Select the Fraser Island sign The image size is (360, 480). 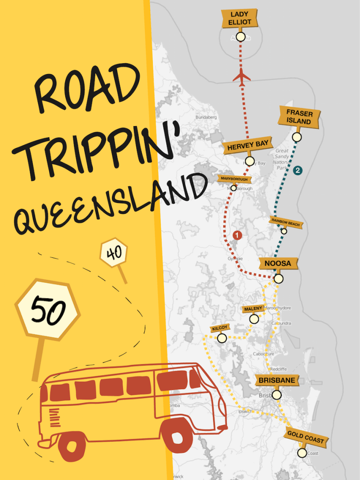point(299,117)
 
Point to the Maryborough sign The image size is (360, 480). point(235,179)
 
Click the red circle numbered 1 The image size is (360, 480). point(237,235)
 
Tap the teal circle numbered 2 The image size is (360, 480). point(297,171)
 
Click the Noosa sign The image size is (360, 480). point(277,263)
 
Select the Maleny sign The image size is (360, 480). point(254,309)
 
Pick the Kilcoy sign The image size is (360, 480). point(219,328)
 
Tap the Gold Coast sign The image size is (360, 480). point(305,438)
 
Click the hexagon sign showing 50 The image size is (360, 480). point(48,310)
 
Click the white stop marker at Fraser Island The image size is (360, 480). point(296,137)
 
